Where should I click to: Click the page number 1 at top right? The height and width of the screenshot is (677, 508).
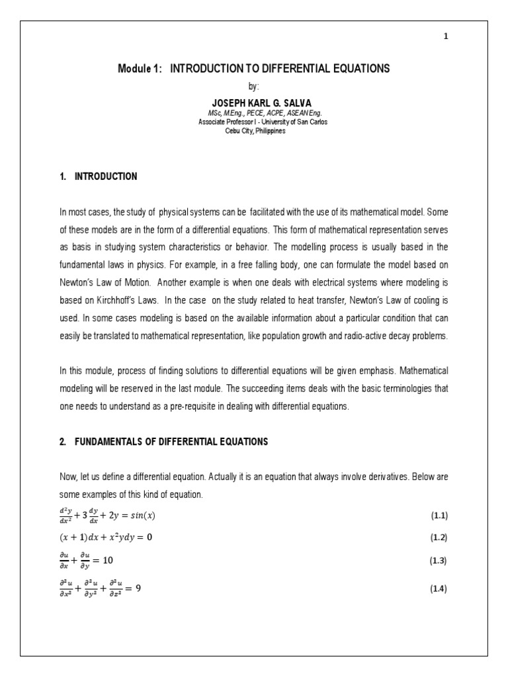click(x=446, y=37)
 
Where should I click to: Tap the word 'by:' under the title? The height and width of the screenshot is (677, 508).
click(x=254, y=87)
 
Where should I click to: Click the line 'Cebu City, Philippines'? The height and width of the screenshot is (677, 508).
click(x=254, y=131)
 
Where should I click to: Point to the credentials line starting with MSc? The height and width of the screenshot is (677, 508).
click(x=254, y=114)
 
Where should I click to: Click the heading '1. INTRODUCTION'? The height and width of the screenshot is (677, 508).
click(x=99, y=177)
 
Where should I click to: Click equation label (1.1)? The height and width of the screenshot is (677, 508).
click(x=439, y=515)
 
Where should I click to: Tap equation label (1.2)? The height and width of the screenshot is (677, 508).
click(x=439, y=538)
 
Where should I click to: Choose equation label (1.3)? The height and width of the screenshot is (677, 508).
click(x=439, y=561)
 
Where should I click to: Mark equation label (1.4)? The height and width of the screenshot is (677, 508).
click(x=439, y=588)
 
